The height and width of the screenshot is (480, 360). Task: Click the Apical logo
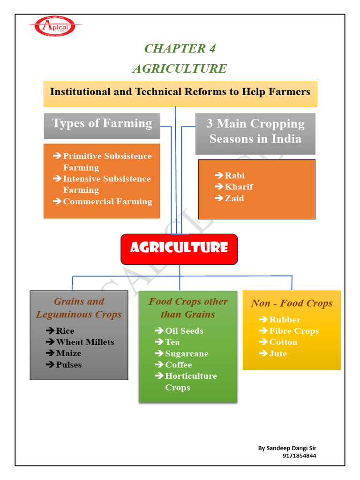pyautogui.click(x=55, y=26)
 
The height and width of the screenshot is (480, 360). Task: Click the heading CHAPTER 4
pyautogui.click(x=180, y=48)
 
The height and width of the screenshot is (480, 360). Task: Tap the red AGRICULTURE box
pyautogui.click(x=179, y=248)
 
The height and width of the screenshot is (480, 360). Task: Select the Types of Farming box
pyautogui.click(x=102, y=125)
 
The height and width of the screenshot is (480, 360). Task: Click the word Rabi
pyautogui.click(x=234, y=176)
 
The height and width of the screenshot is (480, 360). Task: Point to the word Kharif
pyautogui.click(x=239, y=187)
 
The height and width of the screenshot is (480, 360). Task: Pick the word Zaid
pyautogui.click(x=234, y=198)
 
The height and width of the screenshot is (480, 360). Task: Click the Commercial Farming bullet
pyautogui.click(x=107, y=202)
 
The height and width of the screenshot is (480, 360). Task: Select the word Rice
pyautogui.click(x=65, y=331)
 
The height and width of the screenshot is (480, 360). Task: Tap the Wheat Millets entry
pyautogui.click(x=85, y=342)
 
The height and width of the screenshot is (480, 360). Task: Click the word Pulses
pyautogui.click(x=68, y=365)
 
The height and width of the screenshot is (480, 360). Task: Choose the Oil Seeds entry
pyautogui.click(x=184, y=331)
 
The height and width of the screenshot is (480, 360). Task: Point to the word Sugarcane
pyautogui.click(x=187, y=353)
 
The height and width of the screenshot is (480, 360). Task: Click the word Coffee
pyautogui.click(x=178, y=365)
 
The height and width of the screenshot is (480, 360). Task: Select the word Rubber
pyautogui.click(x=285, y=320)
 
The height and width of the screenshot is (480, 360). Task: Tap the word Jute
pyautogui.click(x=278, y=353)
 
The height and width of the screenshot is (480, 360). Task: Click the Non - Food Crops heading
pyautogui.click(x=292, y=303)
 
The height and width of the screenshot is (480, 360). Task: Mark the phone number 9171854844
pyautogui.click(x=299, y=455)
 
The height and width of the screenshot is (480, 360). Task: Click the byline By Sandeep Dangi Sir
pyautogui.click(x=287, y=448)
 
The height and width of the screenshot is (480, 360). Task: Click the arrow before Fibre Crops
pyautogui.click(x=263, y=331)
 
